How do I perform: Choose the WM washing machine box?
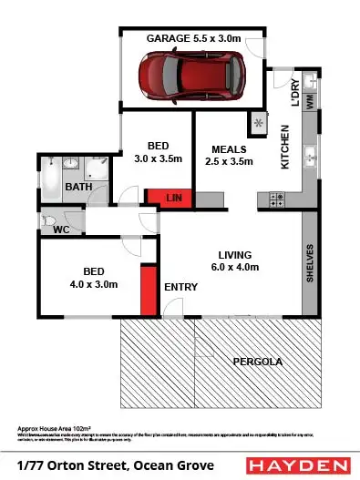pos(311,104)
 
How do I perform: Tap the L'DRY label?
pos(294,95)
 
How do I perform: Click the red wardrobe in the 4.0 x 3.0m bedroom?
pos(146,291)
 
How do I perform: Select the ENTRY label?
pos(180,288)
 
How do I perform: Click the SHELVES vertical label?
pos(310,262)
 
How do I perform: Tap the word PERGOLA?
pos(257,362)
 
